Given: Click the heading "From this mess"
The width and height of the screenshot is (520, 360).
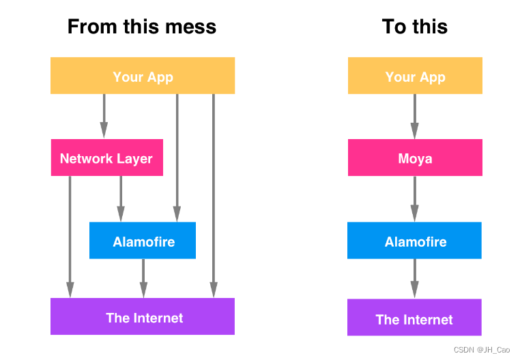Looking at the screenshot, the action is (x=142, y=27).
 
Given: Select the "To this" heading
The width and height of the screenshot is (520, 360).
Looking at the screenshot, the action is (x=414, y=27).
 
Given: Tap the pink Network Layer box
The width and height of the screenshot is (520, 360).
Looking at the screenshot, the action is (x=106, y=158).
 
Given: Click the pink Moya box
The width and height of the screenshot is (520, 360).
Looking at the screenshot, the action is (x=415, y=158).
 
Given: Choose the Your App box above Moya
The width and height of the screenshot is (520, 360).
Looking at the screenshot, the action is (x=415, y=76).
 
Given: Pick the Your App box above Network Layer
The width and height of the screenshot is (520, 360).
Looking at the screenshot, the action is (x=143, y=76).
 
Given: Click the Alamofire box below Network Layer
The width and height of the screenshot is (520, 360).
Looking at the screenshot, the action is (x=143, y=241).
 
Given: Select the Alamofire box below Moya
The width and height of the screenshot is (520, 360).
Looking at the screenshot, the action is (x=414, y=241).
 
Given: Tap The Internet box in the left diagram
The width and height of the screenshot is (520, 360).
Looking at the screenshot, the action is (x=143, y=317).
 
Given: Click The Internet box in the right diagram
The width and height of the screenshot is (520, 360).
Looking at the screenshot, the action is (x=414, y=318).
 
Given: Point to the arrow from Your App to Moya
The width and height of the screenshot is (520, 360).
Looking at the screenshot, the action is (x=414, y=116).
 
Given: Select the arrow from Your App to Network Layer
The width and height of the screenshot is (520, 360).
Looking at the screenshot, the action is (x=104, y=116).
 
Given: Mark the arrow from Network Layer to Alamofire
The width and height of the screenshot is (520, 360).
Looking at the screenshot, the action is (x=121, y=198).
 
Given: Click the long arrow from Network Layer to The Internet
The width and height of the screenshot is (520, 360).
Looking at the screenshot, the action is (x=70, y=236).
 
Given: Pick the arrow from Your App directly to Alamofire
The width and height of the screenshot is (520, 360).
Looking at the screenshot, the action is (x=177, y=157).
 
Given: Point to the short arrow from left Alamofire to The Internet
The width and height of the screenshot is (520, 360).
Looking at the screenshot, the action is (x=143, y=278).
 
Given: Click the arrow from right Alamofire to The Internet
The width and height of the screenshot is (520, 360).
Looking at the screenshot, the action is (x=414, y=278).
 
